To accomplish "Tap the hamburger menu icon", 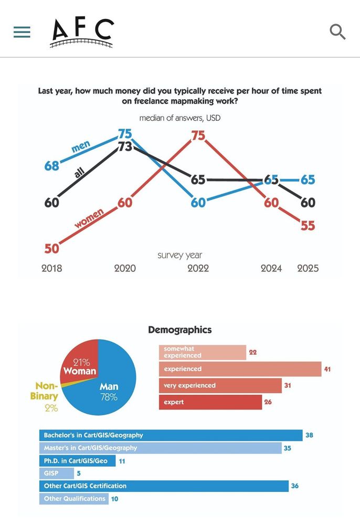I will point(22,32).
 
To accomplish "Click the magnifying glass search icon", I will point(337,32).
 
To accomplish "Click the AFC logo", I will point(81,33).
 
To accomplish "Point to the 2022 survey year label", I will point(198,268).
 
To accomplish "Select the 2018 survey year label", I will point(51,268).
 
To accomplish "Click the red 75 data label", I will point(198,135).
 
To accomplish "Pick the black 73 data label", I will point(125,147).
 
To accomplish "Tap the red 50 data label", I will point(51,248).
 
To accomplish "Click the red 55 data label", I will point(308,225).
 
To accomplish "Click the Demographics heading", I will point(180,330).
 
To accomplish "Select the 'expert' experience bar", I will point(210,402).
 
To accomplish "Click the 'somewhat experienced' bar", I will point(202,352).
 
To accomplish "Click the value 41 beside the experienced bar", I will point(327,369).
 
